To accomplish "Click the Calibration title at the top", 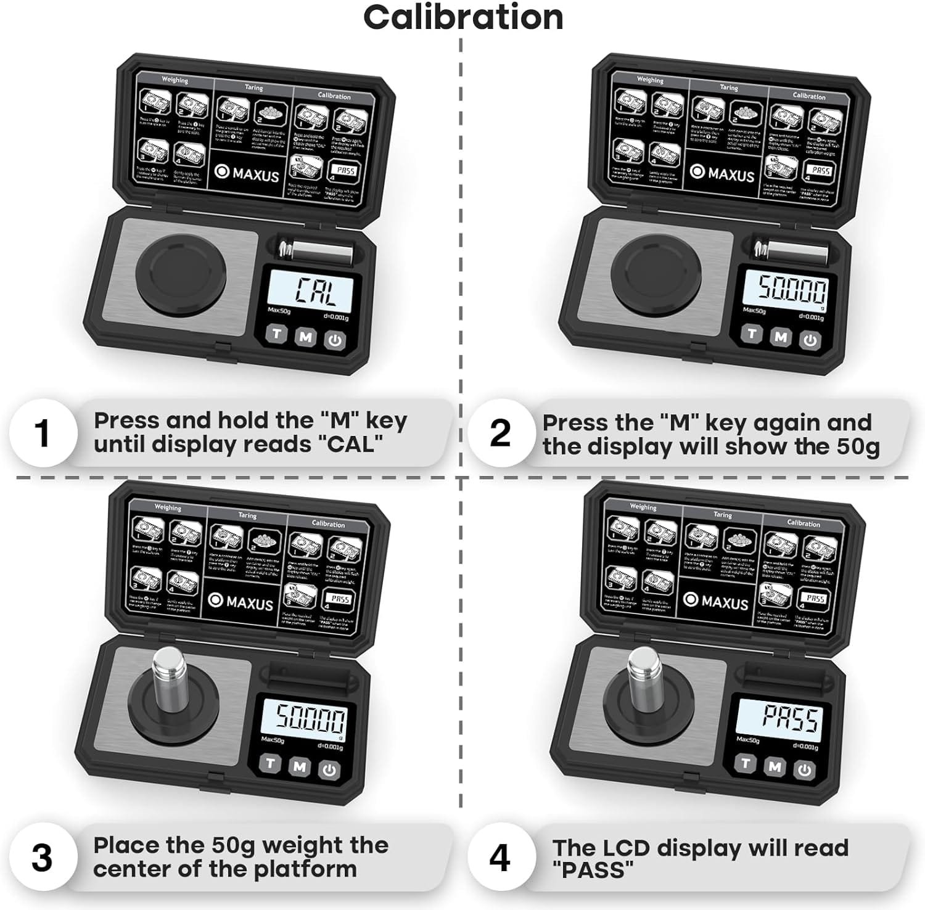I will (x=463, y=17).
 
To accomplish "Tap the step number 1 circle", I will (x=42, y=433).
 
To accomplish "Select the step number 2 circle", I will (x=500, y=433).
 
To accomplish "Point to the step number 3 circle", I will (x=42, y=858).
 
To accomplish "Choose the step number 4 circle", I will (x=500, y=858).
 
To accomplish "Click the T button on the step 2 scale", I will (x=751, y=334).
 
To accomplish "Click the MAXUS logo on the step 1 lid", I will (x=248, y=173).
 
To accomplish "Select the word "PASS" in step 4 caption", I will (x=593, y=870).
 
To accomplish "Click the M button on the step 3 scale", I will (x=300, y=766).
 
